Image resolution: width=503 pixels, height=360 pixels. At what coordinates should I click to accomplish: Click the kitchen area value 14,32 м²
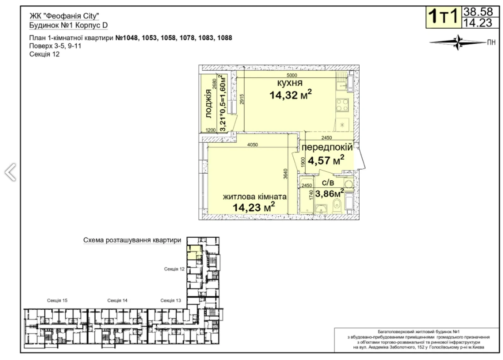coord(290,95)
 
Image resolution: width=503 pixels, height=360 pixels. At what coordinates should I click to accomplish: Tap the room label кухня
coord(290,83)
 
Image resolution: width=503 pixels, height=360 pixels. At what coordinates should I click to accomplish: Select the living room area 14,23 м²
coord(254,207)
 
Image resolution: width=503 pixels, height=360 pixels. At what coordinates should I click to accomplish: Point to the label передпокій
coord(327,147)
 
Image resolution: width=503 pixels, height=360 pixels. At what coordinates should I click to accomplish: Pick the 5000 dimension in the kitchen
coord(292,75)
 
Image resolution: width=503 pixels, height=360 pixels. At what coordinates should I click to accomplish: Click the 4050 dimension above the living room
coord(252,145)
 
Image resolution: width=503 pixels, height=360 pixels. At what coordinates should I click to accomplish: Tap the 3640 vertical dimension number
coord(285,174)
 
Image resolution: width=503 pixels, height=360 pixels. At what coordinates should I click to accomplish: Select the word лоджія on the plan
coord(209,103)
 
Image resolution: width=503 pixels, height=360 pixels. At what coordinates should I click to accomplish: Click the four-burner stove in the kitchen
coord(342,105)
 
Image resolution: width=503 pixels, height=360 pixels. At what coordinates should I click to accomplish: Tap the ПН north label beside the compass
coord(491,42)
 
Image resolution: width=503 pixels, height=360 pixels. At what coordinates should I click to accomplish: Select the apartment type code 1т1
coord(443,16)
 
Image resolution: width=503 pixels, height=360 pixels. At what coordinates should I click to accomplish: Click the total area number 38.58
coord(478,12)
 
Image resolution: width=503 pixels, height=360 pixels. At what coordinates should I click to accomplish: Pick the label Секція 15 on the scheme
coord(57,301)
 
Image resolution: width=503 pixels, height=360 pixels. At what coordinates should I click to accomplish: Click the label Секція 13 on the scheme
coord(171,301)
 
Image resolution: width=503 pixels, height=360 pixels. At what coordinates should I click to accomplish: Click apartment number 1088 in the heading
coord(224,38)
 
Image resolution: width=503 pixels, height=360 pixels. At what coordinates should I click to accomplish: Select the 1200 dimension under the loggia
coord(211,130)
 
